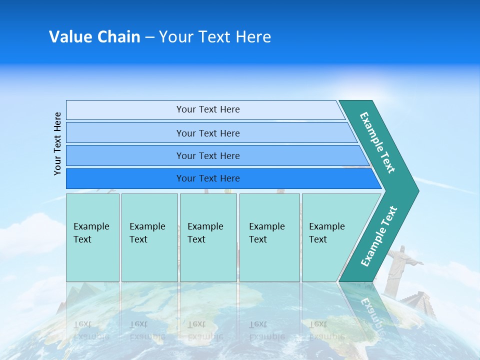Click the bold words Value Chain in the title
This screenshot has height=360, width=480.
pyautogui.click(x=94, y=37)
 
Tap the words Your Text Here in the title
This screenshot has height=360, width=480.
pyautogui.click(x=215, y=37)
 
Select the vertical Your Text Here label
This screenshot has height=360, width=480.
pyautogui.click(x=58, y=143)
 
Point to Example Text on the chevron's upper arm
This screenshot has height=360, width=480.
pyautogui.click(x=377, y=142)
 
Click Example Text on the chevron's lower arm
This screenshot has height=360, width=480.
pyautogui.click(x=379, y=236)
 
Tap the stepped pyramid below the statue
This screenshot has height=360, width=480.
pyautogui.click(x=417, y=302)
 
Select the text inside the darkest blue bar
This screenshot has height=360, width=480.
pyautogui.click(x=208, y=178)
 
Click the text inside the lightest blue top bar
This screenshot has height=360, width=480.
pyautogui.click(x=208, y=109)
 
